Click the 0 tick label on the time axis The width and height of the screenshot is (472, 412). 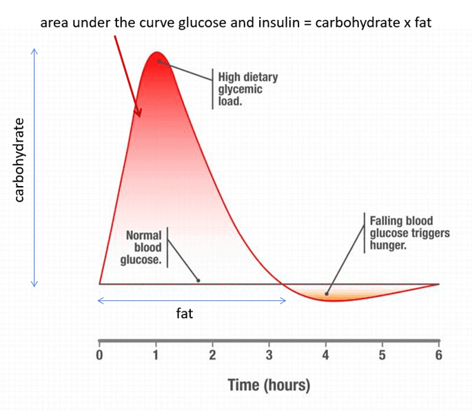pyautogui.click(x=99, y=356)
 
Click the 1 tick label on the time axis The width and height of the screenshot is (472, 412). pyautogui.click(x=156, y=356)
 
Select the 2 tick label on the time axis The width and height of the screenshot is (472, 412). pyautogui.click(x=212, y=356)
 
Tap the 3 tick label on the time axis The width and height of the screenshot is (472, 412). pyautogui.click(x=269, y=356)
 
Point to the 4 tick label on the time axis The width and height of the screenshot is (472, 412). pyautogui.click(x=326, y=356)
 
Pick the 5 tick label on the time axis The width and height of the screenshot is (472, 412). pyautogui.click(x=382, y=356)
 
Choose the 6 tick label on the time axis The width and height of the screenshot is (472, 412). pyautogui.click(x=439, y=356)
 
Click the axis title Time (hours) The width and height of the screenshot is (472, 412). pyautogui.click(x=269, y=384)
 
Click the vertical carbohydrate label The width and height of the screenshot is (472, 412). pyautogui.click(x=20, y=160)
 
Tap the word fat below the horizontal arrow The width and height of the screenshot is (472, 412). pyautogui.click(x=184, y=314)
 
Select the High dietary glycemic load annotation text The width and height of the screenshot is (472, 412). pyautogui.click(x=240, y=89)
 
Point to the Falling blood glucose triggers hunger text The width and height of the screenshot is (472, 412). pyautogui.click(x=409, y=233)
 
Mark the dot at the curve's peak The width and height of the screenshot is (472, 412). pyautogui.click(x=158, y=61)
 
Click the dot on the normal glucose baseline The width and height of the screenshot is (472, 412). pyautogui.click(x=198, y=280)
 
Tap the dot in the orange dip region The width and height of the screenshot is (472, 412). pyautogui.click(x=327, y=294)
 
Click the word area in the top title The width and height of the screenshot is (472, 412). pyautogui.click(x=54, y=22)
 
